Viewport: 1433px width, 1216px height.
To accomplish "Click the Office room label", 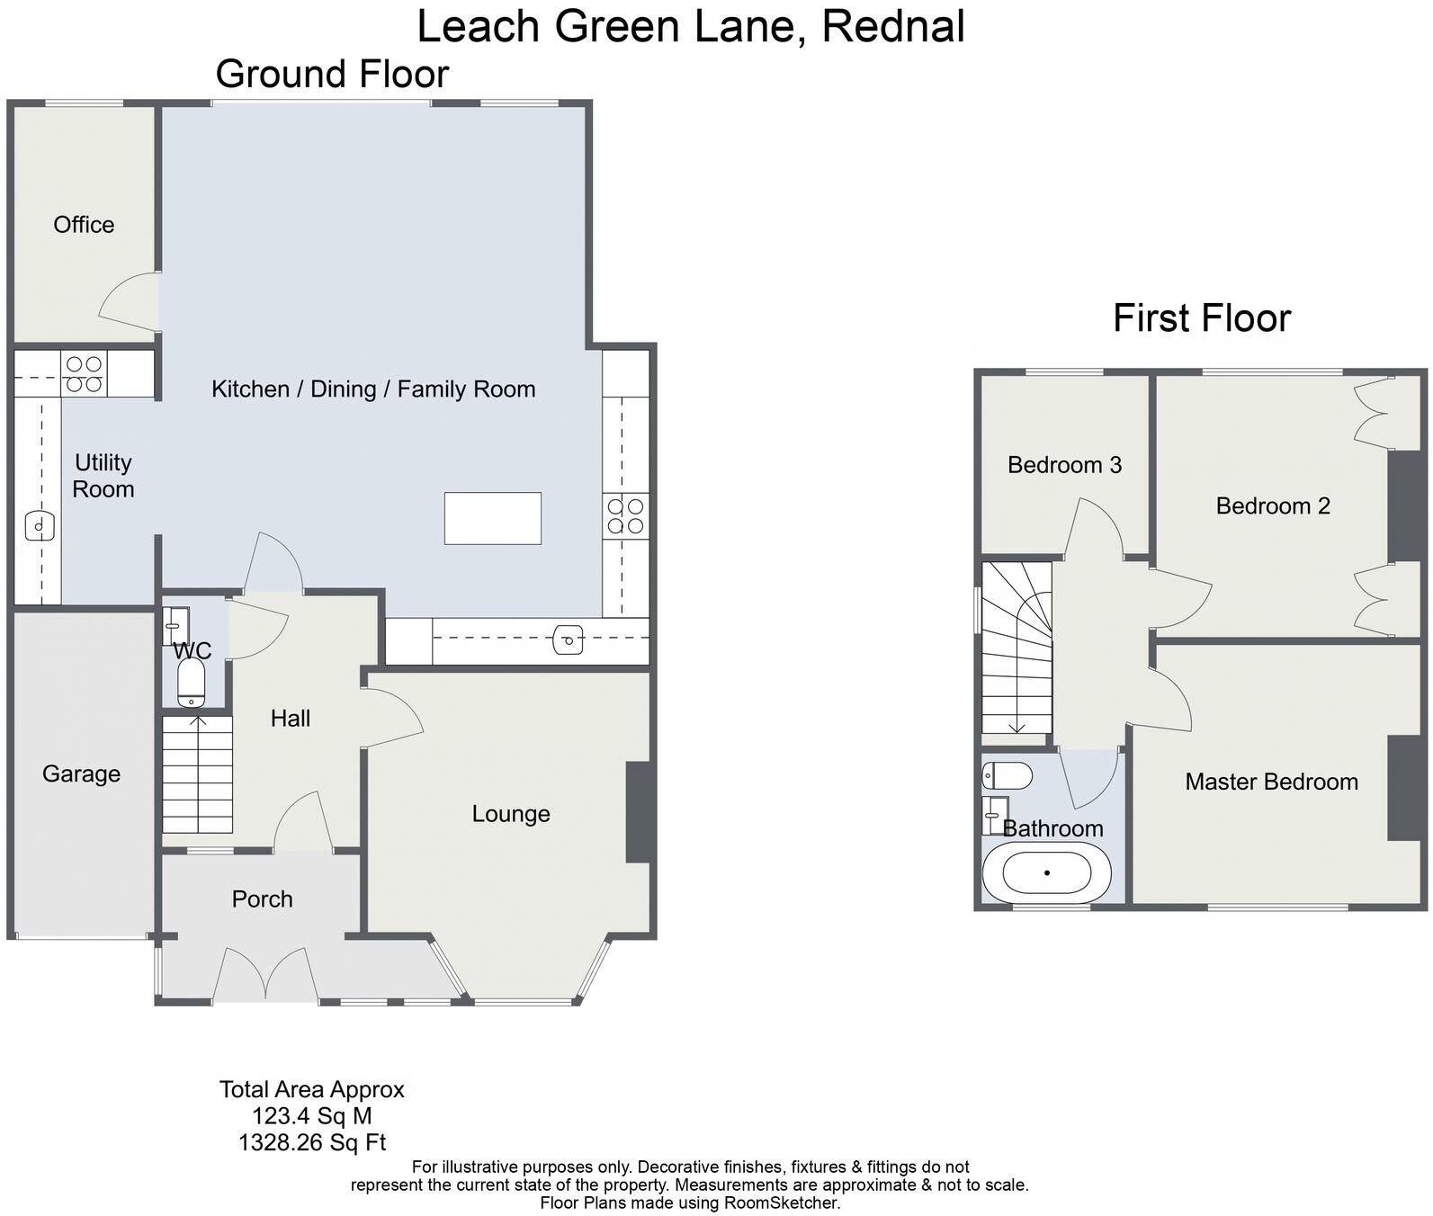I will tap(84, 225).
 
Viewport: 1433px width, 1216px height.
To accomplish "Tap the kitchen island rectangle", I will tap(492, 518).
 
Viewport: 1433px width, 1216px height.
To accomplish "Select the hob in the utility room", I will tap(84, 374).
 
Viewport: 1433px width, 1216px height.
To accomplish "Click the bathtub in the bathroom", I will tap(1047, 872).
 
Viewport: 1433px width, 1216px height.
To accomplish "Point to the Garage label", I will tap(81, 773).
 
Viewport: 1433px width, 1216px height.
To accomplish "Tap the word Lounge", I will tap(510, 814).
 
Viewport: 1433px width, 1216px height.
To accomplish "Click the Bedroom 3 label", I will tap(1064, 465).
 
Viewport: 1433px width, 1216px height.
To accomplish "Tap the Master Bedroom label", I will tap(1271, 782).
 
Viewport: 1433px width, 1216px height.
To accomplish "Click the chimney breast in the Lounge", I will tap(638, 812).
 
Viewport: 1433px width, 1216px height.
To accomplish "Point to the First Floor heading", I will tap(1201, 318).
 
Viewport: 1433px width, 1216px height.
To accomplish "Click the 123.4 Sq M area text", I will tap(311, 1116).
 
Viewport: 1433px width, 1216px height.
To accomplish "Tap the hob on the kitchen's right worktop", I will tap(625, 516).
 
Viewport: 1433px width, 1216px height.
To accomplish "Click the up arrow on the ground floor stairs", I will tap(197, 721).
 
